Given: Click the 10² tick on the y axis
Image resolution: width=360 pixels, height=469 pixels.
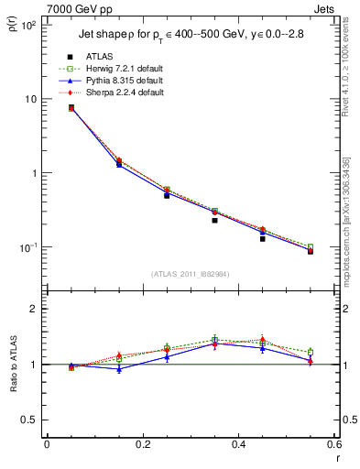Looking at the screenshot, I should (27, 25).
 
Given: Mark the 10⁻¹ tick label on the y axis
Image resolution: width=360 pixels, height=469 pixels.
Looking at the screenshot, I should (27, 247).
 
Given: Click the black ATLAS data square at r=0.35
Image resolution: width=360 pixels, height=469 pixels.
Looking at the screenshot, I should (214, 220).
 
